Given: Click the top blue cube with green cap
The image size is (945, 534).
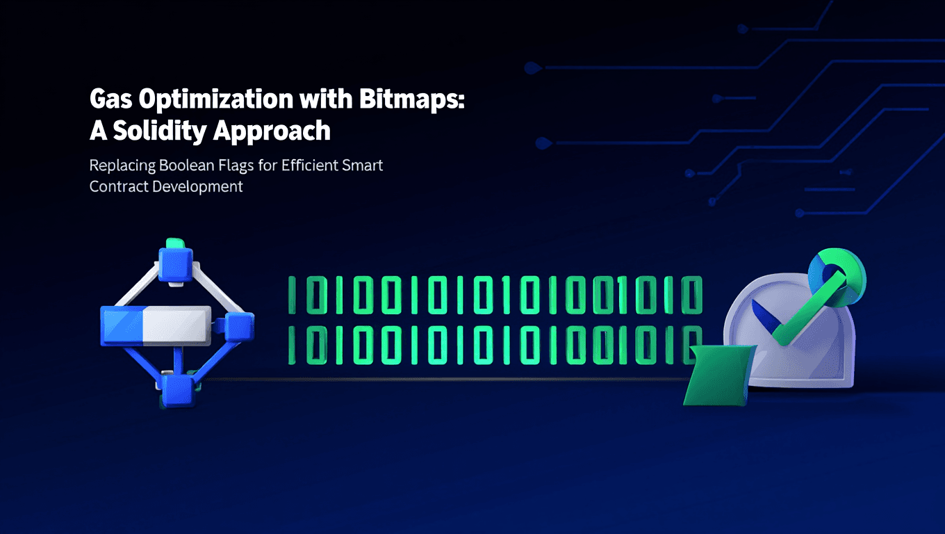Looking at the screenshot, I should (175, 261).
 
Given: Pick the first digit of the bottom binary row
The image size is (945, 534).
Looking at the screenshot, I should (291, 345).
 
